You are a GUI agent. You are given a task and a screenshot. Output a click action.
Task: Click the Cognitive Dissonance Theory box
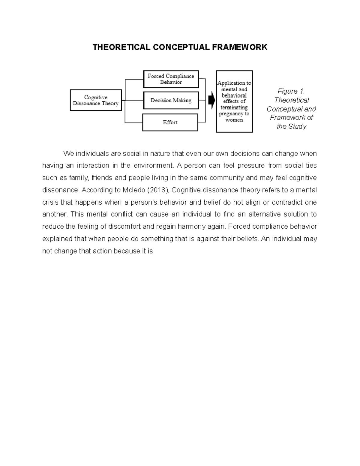(x=96, y=100)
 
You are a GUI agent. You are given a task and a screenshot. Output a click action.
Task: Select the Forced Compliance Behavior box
(x=171, y=79)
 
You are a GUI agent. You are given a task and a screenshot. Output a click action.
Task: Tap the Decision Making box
(x=171, y=101)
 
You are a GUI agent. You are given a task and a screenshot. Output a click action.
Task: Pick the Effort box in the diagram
(x=170, y=122)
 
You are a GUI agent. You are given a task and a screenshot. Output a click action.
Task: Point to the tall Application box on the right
(x=234, y=101)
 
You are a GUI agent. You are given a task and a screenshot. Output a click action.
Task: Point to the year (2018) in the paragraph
(x=158, y=190)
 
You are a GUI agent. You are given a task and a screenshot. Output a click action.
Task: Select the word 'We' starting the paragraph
(x=68, y=154)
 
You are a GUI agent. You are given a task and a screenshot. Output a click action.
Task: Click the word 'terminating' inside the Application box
(x=234, y=107)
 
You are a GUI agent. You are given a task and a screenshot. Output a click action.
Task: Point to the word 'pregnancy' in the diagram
(x=231, y=114)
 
